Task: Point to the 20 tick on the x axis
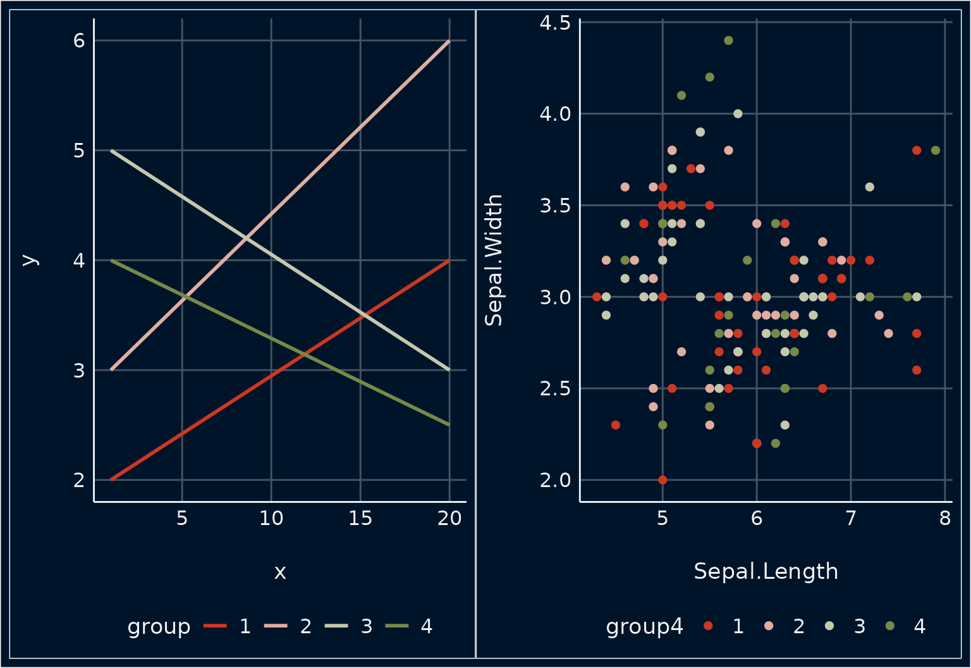point(449,519)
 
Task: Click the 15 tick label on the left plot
point(360,519)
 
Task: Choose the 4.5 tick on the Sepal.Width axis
point(555,23)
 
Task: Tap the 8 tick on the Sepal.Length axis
point(945,519)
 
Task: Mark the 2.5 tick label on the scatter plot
point(555,388)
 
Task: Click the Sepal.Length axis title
point(766,571)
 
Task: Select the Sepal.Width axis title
point(494,260)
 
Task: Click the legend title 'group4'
point(644,626)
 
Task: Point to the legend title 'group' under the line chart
point(159,626)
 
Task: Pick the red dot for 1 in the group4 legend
point(708,626)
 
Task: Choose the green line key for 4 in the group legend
point(397,626)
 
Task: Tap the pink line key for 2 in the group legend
point(276,626)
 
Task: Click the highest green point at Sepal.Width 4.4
point(728,40)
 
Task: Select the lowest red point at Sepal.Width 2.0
point(663,479)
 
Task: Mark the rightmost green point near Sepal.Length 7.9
point(936,151)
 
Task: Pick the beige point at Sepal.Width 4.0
point(738,114)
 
